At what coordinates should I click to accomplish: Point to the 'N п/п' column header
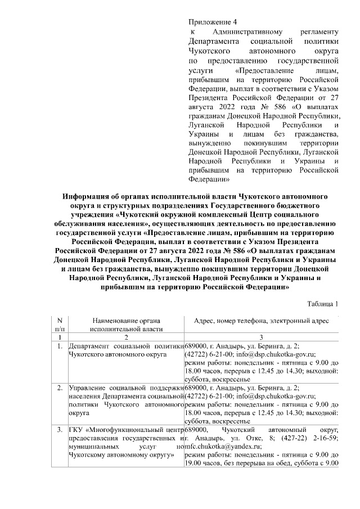[x=60, y=324]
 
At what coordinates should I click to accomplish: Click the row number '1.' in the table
[x=60, y=346]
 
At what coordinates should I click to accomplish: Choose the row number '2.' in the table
[x=60, y=388]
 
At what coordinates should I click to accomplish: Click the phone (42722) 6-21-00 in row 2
[x=205, y=397]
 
